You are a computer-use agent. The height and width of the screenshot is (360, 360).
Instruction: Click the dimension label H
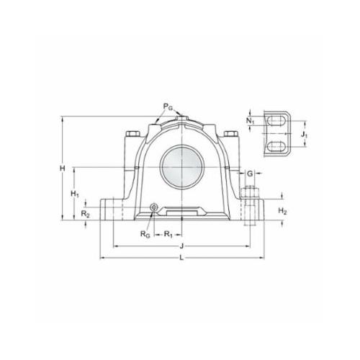(63, 168)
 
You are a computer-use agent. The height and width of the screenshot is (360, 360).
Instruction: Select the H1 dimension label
(75, 194)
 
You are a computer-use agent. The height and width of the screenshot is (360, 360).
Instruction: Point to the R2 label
(85, 214)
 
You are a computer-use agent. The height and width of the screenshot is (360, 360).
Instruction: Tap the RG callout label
(145, 234)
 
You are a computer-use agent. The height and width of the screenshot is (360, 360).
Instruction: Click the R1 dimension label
(168, 234)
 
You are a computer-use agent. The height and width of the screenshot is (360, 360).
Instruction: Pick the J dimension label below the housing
(181, 246)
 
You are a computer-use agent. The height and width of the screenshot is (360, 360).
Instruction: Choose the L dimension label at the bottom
(181, 258)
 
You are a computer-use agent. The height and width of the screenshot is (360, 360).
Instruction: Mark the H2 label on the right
(282, 211)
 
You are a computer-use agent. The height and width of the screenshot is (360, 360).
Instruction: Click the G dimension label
(250, 174)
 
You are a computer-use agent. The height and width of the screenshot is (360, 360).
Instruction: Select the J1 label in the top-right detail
(305, 135)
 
